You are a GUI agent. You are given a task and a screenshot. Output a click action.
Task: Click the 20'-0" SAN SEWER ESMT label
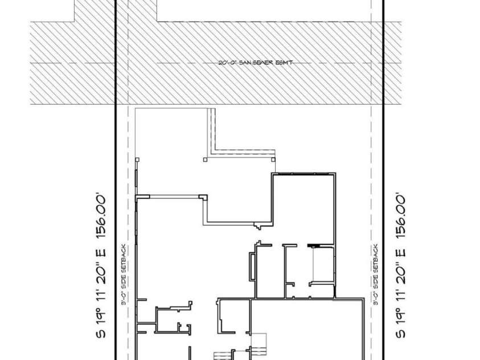tap(256, 63)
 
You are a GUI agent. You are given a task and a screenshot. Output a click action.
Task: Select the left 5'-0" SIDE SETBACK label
tap(124, 276)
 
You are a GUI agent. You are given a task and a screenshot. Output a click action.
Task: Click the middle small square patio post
tap(206, 159)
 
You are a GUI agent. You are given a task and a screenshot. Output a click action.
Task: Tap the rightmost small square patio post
tap(274, 159)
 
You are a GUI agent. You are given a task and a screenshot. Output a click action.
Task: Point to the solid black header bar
tap(313, 246)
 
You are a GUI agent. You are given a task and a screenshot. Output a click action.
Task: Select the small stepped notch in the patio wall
tap(259, 227)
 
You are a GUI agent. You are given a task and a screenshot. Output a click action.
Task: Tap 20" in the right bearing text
tap(400, 267)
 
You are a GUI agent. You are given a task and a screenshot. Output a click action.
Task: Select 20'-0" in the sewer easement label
tap(228, 63)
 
